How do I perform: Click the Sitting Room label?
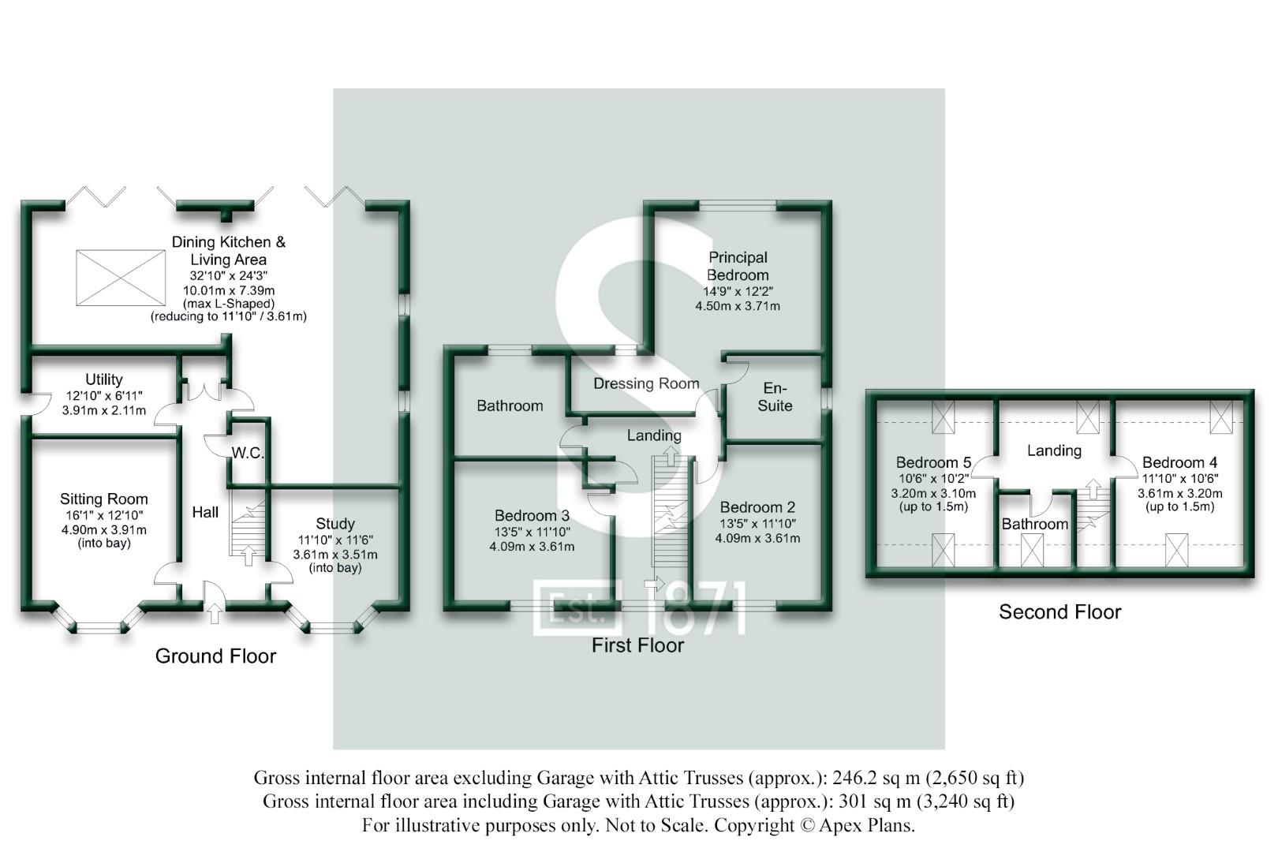click(103, 499)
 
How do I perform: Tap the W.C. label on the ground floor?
click(247, 454)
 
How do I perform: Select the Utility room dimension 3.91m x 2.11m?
click(103, 411)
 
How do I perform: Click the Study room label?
click(335, 524)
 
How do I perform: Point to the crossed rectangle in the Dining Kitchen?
click(121, 278)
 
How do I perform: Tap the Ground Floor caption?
click(215, 656)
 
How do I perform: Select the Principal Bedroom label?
click(738, 267)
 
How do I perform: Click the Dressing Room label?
click(646, 384)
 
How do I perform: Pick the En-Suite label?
click(775, 397)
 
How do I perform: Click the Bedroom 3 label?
click(532, 516)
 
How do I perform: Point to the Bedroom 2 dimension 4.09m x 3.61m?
click(757, 539)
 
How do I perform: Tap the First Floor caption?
click(637, 645)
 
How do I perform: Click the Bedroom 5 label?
click(933, 463)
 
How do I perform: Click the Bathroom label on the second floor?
click(1034, 525)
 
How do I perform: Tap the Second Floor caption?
click(1059, 612)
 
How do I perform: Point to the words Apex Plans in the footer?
click(866, 826)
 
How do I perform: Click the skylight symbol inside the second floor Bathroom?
click(1032, 551)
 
